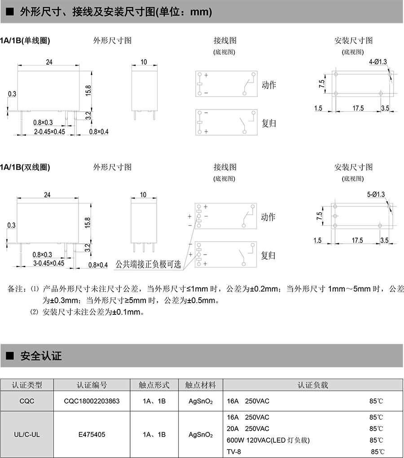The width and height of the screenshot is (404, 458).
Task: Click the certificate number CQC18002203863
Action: pyautogui.click(x=92, y=401)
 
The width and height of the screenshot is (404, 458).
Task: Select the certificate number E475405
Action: pyautogui.click(x=92, y=435)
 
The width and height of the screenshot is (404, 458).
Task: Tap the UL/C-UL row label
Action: pyautogui.click(x=27, y=435)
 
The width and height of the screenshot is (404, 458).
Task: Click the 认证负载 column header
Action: pyautogui.click(x=313, y=385)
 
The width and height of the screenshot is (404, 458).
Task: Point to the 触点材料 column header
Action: pyautogui.click(x=201, y=385)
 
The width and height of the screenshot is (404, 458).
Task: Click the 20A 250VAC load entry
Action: pyautogui.click(x=248, y=429)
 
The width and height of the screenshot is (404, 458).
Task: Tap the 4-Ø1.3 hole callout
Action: pyautogui.click(x=378, y=62)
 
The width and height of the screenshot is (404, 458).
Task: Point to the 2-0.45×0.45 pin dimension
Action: pyautogui.click(x=49, y=132)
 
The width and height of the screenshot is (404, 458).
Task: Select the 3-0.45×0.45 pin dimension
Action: pyautogui.click(x=49, y=264)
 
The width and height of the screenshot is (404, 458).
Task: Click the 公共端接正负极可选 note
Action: pyautogui.click(x=148, y=264)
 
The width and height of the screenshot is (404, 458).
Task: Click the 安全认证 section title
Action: pyautogui.click(x=41, y=357)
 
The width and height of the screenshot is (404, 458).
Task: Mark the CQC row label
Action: pyautogui.click(x=27, y=401)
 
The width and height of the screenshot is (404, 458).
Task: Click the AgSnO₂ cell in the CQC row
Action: pyautogui.click(x=201, y=401)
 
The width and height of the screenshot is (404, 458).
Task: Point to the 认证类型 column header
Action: pyautogui.click(x=27, y=385)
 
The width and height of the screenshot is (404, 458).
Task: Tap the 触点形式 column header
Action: pyautogui.click(x=154, y=385)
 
